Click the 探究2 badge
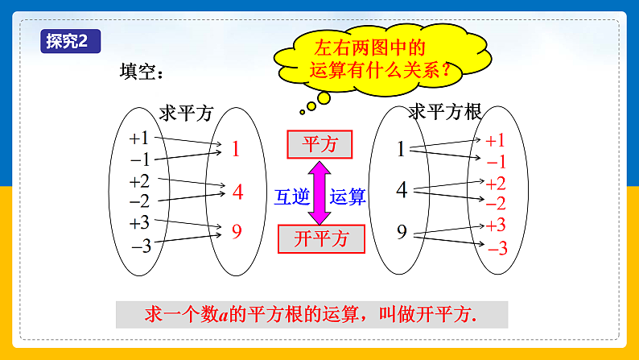coord(71,41)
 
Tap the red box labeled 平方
coord(319,144)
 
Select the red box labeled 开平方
coord(321,239)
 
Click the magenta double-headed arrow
coord(319,192)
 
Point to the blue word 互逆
coord(292,197)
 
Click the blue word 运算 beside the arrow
coord(348,197)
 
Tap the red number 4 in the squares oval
coord(238,192)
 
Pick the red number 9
coord(237,231)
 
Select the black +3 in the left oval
coord(139,223)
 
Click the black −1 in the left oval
coord(140,159)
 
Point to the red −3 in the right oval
coord(497,248)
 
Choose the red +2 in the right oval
coord(496,184)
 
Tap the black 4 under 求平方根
coord(402,189)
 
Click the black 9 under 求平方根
coord(402,232)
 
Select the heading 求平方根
coord(445,112)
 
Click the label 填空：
coord(142,72)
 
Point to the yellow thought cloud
coord(381,60)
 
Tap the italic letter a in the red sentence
coord(223,316)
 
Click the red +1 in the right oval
coord(495,141)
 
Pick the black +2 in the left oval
coord(139,181)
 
